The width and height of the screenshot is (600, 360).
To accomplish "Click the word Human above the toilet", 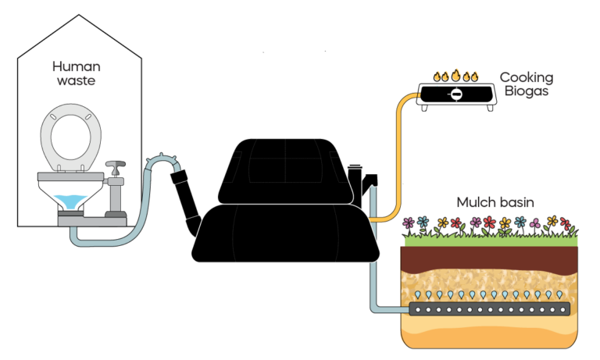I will click(76, 66).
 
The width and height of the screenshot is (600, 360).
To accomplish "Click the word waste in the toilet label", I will click(76, 80).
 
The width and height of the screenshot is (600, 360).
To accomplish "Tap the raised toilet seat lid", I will click(70, 141).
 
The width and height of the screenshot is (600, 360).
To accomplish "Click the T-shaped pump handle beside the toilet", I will click(116, 167).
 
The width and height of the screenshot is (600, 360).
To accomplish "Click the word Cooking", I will click(526, 77).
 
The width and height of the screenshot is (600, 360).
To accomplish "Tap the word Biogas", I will click(526, 91).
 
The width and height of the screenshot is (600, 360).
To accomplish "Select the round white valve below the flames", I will click(456, 94).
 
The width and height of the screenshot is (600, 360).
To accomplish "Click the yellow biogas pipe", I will click(399, 156).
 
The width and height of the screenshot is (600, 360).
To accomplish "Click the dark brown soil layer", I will click(489, 258).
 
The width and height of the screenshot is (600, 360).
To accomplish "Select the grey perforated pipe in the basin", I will click(489, 308).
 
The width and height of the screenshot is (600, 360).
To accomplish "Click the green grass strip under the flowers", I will click(489, 241).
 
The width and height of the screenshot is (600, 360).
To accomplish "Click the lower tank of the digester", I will click(284, 234).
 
